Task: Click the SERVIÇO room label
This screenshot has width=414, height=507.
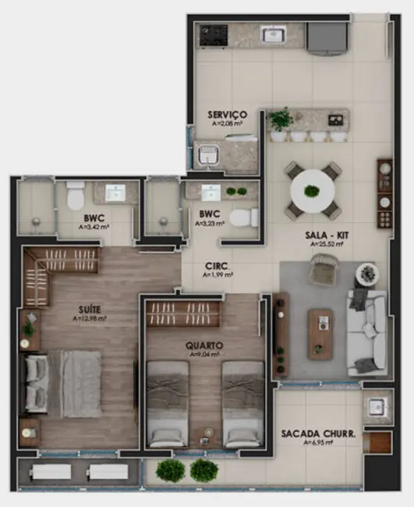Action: pos(228,114)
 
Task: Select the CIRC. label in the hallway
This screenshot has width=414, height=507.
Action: pos(217,264)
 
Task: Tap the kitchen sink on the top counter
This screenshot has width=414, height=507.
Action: pos(274,34)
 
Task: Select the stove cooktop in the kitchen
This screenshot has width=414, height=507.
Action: pos(213,34)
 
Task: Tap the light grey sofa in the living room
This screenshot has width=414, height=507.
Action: pos(367,331)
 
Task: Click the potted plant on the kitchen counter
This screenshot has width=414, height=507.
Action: pos(281,119)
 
